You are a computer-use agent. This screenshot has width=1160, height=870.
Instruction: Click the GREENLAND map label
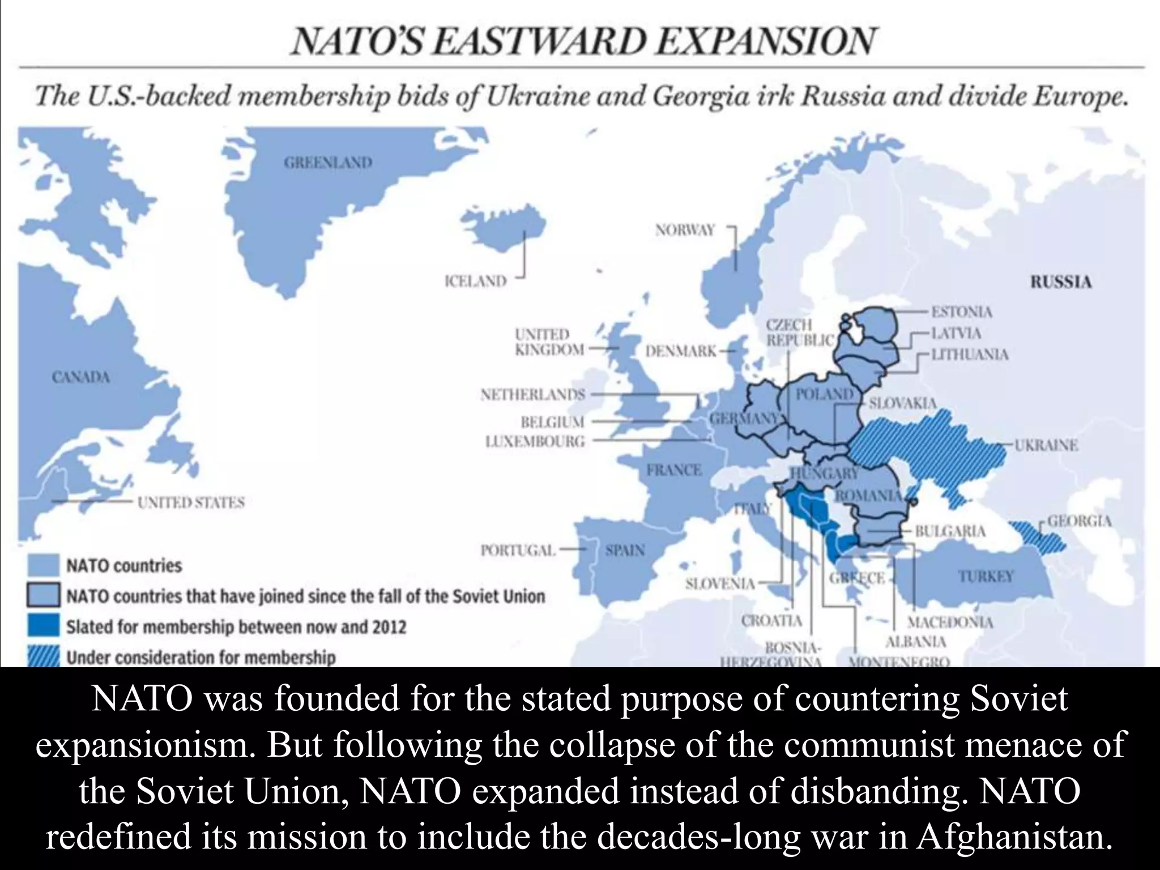[328, 163]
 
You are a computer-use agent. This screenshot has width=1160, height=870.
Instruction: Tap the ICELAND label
[475, 281]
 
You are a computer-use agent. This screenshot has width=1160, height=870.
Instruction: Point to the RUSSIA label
[1060, 282]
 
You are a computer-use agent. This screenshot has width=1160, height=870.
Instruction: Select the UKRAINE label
[1046, 445]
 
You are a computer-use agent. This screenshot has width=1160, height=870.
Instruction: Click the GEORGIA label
[1079, 521]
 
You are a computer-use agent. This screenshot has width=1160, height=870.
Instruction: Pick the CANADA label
[80, 377]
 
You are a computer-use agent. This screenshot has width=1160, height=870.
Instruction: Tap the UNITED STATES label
[191, 502]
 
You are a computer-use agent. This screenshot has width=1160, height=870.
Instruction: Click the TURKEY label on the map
[986, 576]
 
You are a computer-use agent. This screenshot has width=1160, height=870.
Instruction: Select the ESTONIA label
[962, 312]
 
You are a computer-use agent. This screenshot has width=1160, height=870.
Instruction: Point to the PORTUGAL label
[518, 550]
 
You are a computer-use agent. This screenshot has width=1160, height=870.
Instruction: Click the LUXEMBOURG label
[535, 441]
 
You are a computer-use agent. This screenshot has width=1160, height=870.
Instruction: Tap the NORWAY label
[685, 230]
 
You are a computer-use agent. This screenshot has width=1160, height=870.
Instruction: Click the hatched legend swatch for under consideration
[43, 657]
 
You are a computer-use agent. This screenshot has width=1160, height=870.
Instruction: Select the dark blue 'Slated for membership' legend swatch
[43, 626]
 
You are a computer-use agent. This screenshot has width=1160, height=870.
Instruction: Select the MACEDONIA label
[950, 622]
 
